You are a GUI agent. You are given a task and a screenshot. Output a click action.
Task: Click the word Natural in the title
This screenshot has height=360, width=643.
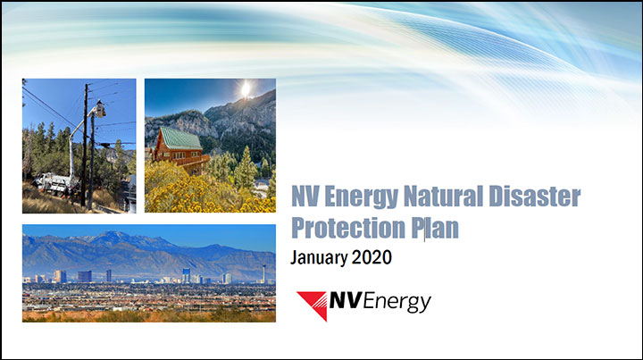coord(443,196)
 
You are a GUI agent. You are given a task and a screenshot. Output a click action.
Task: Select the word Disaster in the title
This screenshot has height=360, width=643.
coord(534,196)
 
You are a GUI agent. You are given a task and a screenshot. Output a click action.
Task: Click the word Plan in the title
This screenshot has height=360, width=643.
coord(435,228)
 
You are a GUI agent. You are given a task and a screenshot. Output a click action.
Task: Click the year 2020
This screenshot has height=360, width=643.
coord(372,257)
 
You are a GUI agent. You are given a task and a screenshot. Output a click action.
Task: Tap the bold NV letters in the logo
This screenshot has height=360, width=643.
coord(345,300)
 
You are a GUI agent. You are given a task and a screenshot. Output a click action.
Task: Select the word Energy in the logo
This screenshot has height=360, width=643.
coord(397,302)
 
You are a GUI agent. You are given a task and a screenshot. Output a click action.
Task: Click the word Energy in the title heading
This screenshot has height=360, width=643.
coord(361,197)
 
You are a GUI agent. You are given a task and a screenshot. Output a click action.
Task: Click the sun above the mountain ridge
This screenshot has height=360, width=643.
coord(246,89)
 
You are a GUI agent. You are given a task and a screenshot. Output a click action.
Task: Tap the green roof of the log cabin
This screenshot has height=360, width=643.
coord(180,138)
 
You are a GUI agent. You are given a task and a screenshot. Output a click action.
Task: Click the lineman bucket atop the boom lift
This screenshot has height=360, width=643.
coord(100,110)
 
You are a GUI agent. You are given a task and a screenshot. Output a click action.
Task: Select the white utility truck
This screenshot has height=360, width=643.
coord(54,183)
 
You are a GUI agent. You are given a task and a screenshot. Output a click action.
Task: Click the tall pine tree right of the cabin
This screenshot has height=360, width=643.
coord(246,167)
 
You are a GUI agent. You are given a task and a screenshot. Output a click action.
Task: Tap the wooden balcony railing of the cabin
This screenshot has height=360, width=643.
coord(193,160)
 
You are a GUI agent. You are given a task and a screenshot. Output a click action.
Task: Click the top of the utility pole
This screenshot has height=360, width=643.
coord(87,86)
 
